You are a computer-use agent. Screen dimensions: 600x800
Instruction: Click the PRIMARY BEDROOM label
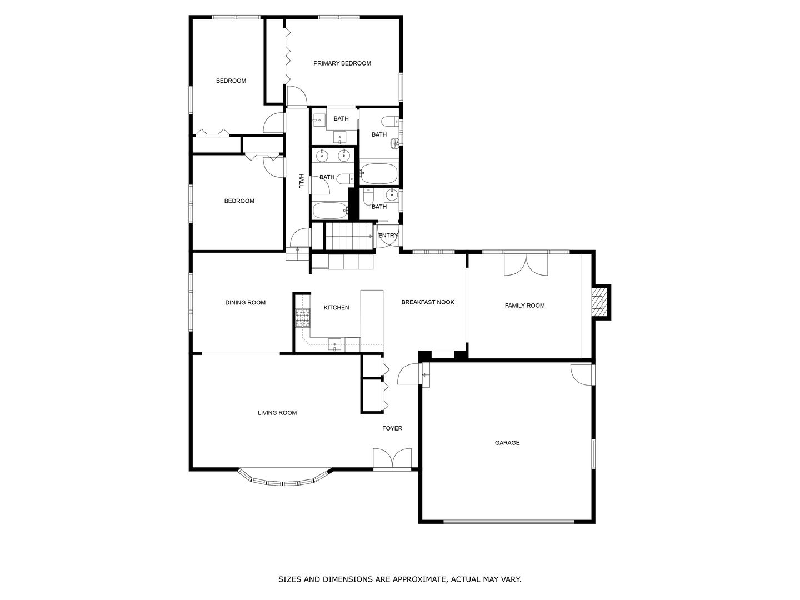pos(342,63)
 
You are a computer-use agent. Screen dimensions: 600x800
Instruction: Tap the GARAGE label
pos(507,443)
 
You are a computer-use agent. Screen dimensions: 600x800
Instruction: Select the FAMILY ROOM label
pos(524,306)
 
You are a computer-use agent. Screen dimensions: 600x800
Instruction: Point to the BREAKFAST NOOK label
pos(428,302)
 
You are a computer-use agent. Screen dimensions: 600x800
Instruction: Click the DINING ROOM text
pos(245,303)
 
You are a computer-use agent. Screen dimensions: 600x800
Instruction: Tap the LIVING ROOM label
pos(277,413)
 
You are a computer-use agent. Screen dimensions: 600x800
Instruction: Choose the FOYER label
pos(392,428)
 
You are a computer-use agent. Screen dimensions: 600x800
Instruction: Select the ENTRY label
pos(388,236)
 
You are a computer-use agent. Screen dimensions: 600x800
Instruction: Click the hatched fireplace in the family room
pos(598,302)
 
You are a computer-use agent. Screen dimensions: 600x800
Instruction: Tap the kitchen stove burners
pos(302,319)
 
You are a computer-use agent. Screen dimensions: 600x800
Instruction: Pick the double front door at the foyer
pos(392,460)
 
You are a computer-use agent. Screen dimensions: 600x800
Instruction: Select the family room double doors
pos(525,264)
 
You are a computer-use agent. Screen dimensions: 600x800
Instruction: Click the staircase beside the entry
pos(348,236)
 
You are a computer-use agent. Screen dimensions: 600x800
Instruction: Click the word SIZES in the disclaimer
pos(291,579)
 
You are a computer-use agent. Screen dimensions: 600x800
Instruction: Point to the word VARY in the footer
pos(511,579)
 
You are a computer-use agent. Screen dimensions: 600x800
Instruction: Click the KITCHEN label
pos(337,307)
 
